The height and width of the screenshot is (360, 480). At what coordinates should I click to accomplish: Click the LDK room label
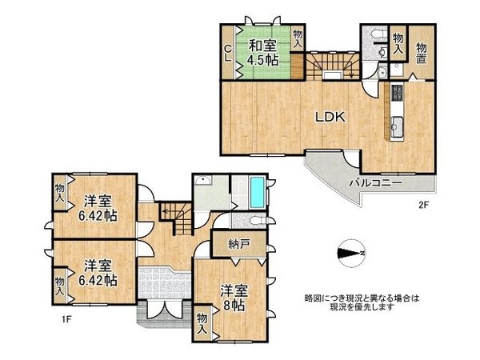(x=328, y=117)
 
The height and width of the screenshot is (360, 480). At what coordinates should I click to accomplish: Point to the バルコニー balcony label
(x=374, y=183)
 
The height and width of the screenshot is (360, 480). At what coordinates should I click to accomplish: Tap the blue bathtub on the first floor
(x=256, y=192)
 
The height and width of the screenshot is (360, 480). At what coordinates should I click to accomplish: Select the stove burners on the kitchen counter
(x=395, y=98)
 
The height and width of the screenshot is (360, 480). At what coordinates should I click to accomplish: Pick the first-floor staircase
(x=174, y=214)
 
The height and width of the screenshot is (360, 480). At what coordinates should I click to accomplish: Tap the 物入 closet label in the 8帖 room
(x=203, y=323)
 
